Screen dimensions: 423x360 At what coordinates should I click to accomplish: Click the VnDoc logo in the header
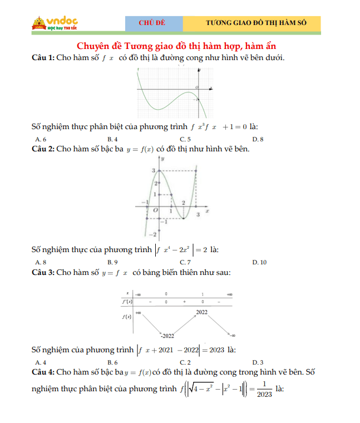pyautogui.click(x=55, y=23)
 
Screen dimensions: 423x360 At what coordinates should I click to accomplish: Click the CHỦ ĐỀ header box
pyautogui.click(x=154, y=23)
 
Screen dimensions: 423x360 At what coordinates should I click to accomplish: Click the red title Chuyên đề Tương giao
pyautogui.click(x=176, y=46)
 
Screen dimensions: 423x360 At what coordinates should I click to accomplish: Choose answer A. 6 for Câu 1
pyautogui.click(x=41, y=139)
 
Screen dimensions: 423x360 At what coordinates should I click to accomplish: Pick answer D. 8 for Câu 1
pyautogui.click(x=258, y=139)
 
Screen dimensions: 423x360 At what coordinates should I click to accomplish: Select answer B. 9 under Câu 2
pyautogui.click(x=112, y=262)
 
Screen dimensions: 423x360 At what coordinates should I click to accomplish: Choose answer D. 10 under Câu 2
pyautogui.click(x=259, y=262)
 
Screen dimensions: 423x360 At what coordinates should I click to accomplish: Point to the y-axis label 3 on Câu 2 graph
pyautogui.click(x=154, y=170)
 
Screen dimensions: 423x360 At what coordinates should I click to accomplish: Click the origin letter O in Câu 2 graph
pyautogui.click(x=155, y=210)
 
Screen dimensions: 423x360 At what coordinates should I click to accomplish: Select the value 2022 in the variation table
pyautogui.click(x=201, y=312)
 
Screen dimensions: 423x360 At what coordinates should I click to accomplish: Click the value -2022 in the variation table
pyautogui.click(x=167, y=336)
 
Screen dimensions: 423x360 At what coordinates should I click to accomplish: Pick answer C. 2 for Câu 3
pyautogui.click(x=185, y=362)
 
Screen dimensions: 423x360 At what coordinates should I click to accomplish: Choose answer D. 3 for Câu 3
pyautogui.click(x=258, y=362)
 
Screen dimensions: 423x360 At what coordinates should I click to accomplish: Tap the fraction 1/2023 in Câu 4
pyautogui.click(x=265, y=388)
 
